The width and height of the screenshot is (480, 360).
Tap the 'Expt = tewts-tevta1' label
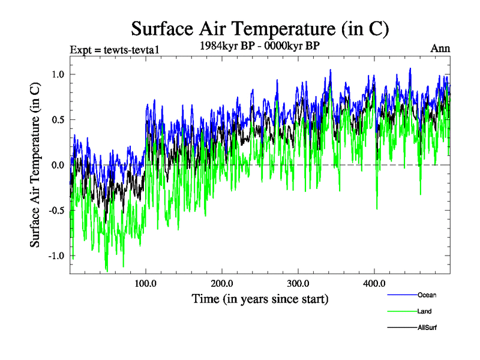[x=114, y=49]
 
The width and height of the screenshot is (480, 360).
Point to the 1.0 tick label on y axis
[x=58, y=74]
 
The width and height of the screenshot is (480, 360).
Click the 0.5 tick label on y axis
[x=58, y=119]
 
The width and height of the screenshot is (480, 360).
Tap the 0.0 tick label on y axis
[x=58, y=165]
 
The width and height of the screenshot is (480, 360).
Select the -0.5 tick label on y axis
[x=56, y=211]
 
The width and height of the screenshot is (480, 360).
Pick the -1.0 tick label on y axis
[x=56, y=256]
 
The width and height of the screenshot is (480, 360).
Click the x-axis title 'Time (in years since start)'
[x=260, y=298]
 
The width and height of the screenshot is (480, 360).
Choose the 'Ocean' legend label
[x=427, y=295]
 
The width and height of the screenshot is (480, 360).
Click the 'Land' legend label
[x=424, y=311]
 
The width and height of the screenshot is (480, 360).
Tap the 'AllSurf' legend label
[x=428, y=328]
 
